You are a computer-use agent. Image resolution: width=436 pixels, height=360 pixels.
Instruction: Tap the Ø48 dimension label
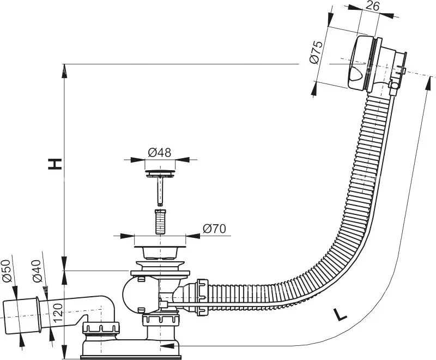(x=160, y=153)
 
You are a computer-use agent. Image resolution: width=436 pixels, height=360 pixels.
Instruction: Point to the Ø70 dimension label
(x=215, y=230)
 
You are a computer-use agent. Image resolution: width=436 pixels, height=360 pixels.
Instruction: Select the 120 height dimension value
(x=56, y=314)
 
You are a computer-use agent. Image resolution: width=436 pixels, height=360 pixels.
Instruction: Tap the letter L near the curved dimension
(x=340, y=315)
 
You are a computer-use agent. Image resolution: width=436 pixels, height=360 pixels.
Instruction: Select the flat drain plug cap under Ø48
(x=159, y=173)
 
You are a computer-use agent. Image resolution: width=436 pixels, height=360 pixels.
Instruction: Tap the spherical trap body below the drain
(x=136, y=295)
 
